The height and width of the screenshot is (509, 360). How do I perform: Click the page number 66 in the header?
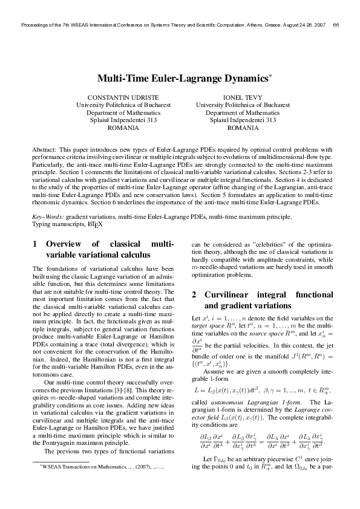coord(336,25)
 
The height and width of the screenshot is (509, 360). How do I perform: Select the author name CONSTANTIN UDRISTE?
coord(123,97)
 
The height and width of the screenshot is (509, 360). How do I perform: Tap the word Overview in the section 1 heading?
coord(66,244)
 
